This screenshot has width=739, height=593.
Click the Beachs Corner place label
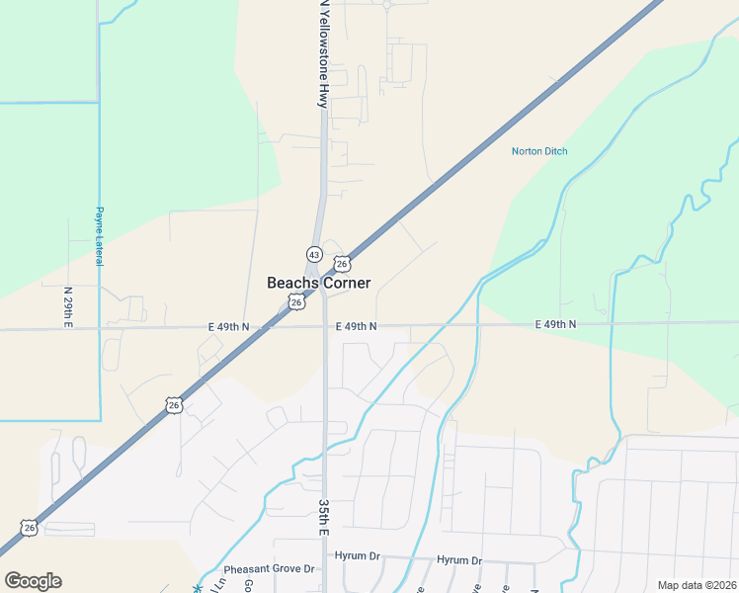(x=319, y=283)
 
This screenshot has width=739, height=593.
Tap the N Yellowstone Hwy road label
(x=322, y=53)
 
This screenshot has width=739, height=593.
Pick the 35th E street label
(x=323, y=517)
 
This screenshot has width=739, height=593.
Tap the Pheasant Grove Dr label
(x=268, y=569)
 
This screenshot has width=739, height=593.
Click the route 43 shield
(x=312, y=253)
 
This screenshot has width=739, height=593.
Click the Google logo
(x=33, y=581)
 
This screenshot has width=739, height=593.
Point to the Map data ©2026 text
(x=697, y=585)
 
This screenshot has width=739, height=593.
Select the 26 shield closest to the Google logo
(x=30, y=528)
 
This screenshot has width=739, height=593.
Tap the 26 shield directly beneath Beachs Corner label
(x=296, y=302)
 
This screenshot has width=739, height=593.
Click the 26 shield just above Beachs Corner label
(x=342, y=264)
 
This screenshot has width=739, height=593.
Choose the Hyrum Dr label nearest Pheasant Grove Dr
(x=358, y=556)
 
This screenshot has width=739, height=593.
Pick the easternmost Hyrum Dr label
(x=459, y=560)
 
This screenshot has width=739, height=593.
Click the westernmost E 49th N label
(x=229, y=326)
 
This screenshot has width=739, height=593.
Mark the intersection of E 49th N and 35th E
(x=325, y=325)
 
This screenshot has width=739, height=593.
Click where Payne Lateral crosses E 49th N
(x=100, y=327)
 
